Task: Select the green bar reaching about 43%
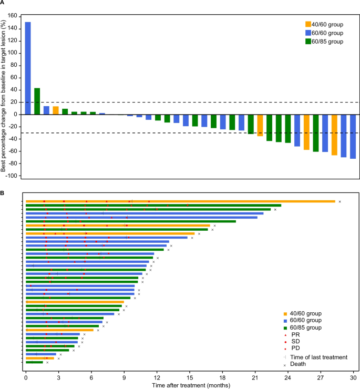click(x=37, y=101)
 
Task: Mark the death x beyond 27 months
click(x=340, y=201)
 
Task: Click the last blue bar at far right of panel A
click(x=353, y=136)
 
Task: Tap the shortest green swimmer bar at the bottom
click(x=34, y=362)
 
